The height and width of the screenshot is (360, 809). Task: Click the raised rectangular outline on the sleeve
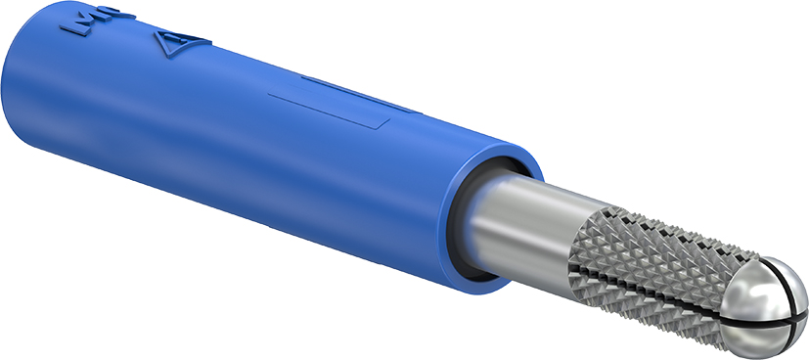[x=329, y=112]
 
